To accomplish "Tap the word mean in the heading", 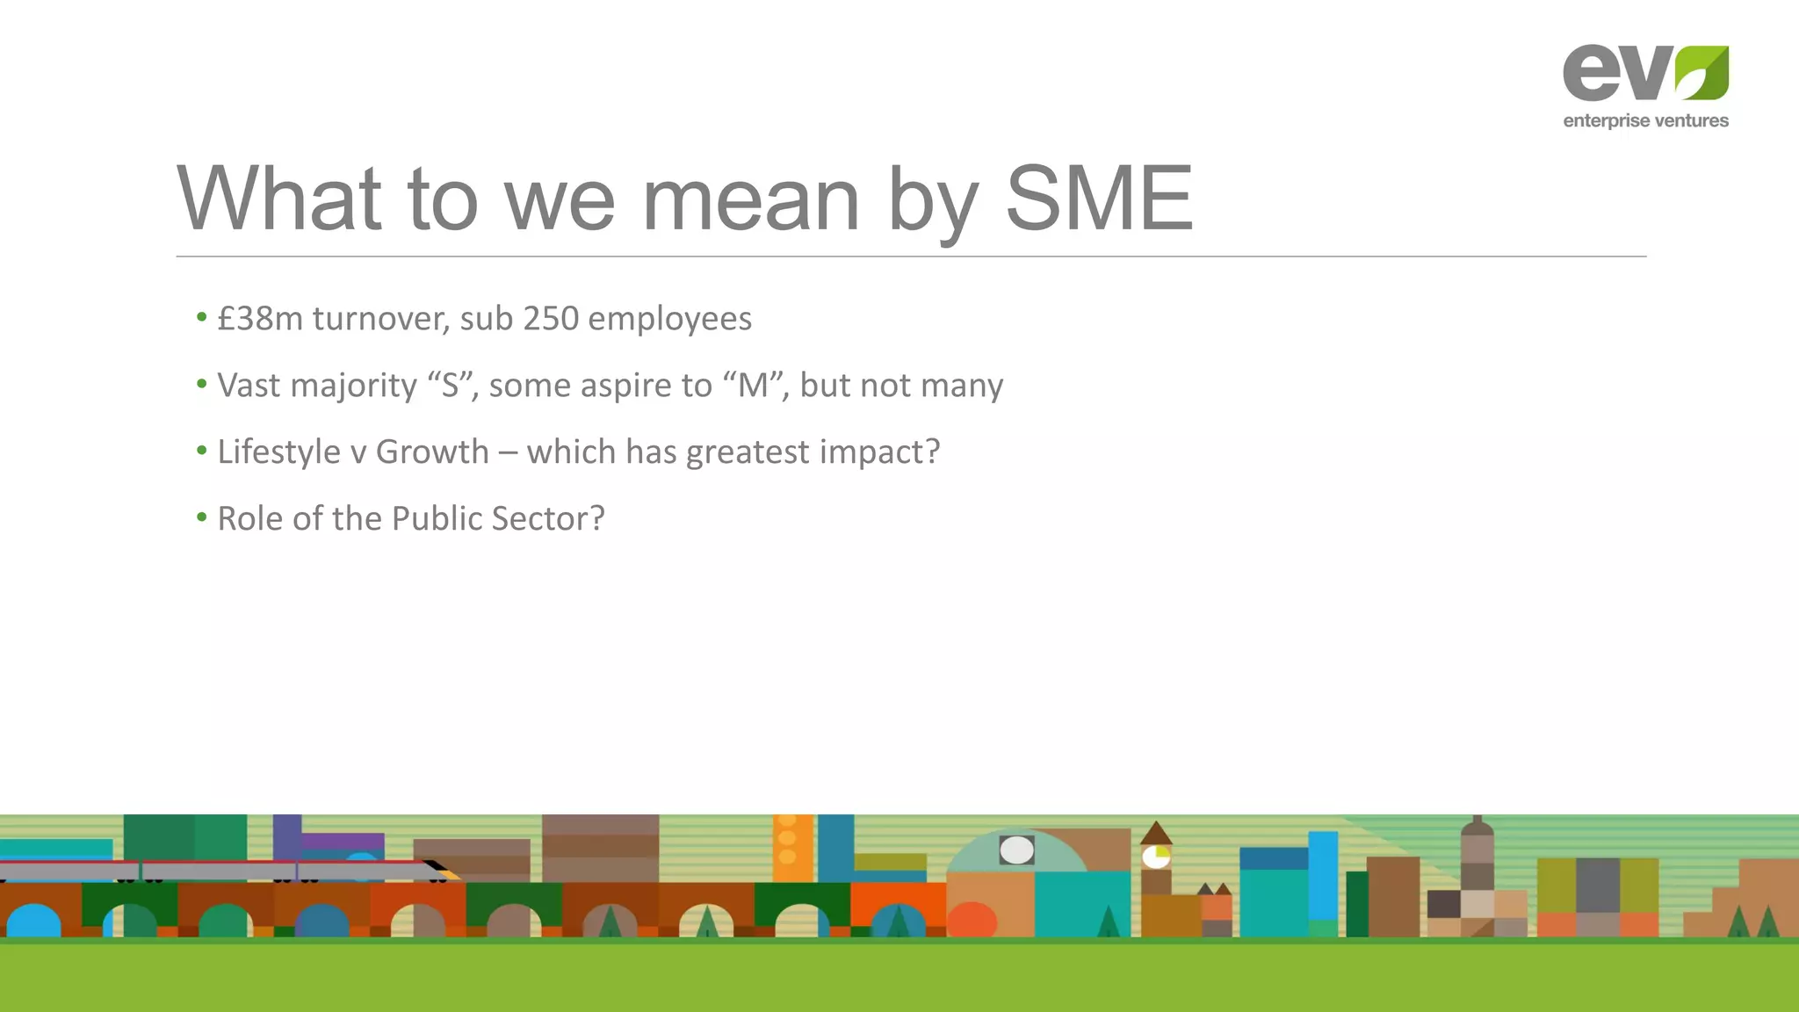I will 751,201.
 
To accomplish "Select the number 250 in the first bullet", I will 551,319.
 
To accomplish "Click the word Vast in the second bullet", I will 249,386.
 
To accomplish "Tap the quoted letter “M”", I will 753,385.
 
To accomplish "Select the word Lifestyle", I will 278,452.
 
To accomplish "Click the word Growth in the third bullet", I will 432,452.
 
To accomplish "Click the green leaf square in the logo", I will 1701,73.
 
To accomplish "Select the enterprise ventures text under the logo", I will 1645,121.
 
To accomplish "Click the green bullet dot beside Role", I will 202,517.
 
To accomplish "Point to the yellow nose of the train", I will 452,874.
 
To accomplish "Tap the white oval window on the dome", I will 1016,850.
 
